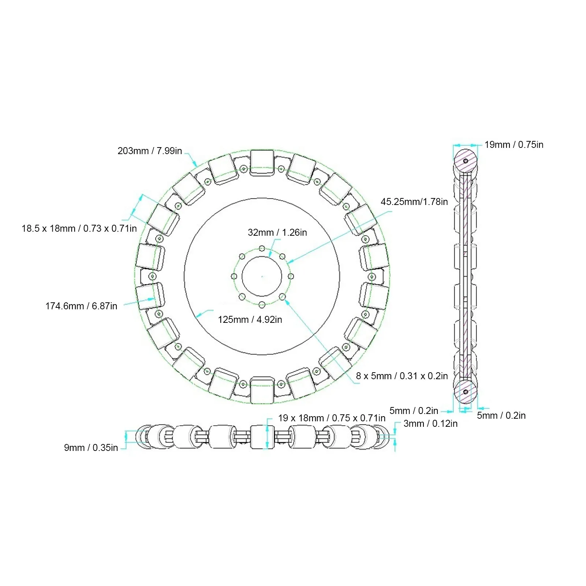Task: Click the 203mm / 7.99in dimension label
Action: pyautogui.click(x=150, y=151)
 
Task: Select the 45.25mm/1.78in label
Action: pyautogui.click(x=414, y=202)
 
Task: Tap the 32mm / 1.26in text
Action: pyautogui.click(x=277, y=232)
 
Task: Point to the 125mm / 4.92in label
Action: pyautogui.click(x=250, y=320)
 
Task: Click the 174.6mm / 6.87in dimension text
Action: pyautogui.click(x=81, y=306)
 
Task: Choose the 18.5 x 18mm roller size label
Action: pyautogui.click(x=79, y=229)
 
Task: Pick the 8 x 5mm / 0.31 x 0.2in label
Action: pyautogui.click(x=402, y=376)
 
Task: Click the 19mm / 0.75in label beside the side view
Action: pyautogui.click(x=514, y=145)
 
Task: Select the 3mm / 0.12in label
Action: pyautogui.click(x=430, y=423)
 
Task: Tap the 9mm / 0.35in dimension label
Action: pyautogui.click(x=91, y=448)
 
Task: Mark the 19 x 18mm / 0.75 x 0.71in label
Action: pyautogui.click(x=332, y=418)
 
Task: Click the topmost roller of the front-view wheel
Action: pyautogui.click(x=262, y=163)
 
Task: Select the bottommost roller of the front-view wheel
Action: pyautogui.click(x=262, y=390)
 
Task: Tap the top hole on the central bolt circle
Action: pyautogui.click(x=262, y=249)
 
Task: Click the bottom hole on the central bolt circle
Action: pyautogui.click(x=262, y=304)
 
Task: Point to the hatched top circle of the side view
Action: pyautogui.click(x=466, y=160)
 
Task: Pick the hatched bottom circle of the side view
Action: pyautogui.click(x=466, y=391)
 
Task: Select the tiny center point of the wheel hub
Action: pyautogui.click(x=262, y=276)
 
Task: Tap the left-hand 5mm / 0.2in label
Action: pyautogui.click(x=414, y=411)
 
